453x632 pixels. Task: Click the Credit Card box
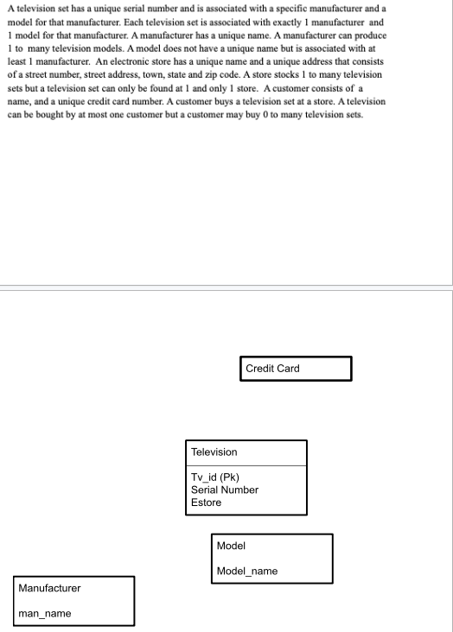(297, 369)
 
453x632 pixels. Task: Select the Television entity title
(214, 452)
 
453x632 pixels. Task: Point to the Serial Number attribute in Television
(225, 490)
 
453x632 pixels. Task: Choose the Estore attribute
(206, 502)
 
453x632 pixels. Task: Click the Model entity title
(231, 546)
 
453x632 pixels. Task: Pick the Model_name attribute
(247, 571)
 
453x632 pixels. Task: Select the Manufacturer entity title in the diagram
(49, 588)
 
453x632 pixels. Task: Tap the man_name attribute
(45, 613)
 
